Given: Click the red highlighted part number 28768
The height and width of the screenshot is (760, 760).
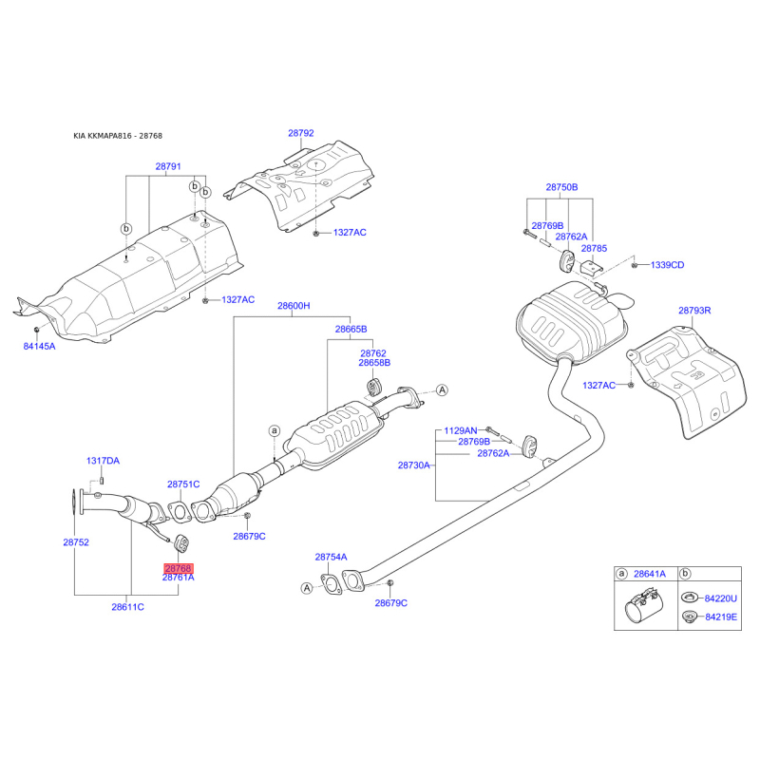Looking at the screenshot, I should coord(178,567).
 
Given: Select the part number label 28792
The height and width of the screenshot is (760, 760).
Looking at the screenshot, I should coord(301,134).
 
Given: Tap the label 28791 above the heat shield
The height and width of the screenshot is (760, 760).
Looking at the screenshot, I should coord(168,166).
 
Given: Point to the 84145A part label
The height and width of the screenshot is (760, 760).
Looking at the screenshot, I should coord(40,347).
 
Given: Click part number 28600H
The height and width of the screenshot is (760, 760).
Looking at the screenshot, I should coord(294,306).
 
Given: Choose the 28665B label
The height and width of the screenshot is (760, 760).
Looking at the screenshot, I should coord(351,329).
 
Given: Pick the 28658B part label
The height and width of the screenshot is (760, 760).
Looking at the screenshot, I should coord(374,363).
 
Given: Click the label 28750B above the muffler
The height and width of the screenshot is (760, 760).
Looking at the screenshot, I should coord(561,187).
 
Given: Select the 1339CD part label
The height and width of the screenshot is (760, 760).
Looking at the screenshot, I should coord(667,265).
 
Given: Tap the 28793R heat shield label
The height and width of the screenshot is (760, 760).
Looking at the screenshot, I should coord(694,310).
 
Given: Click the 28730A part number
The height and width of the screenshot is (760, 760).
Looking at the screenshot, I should coord(414,465).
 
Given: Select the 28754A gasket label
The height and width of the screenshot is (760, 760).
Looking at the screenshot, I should coord(332,558).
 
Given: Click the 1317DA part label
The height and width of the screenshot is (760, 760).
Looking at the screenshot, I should coord(104,461).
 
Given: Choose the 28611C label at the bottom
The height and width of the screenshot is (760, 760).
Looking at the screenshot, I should coord(127,606).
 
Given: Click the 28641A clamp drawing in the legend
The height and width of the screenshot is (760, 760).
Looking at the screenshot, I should coord(641,608).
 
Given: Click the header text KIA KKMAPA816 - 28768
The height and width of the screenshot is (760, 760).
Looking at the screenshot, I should coord(124,136).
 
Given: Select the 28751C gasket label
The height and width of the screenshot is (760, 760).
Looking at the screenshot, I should coord(183,484).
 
